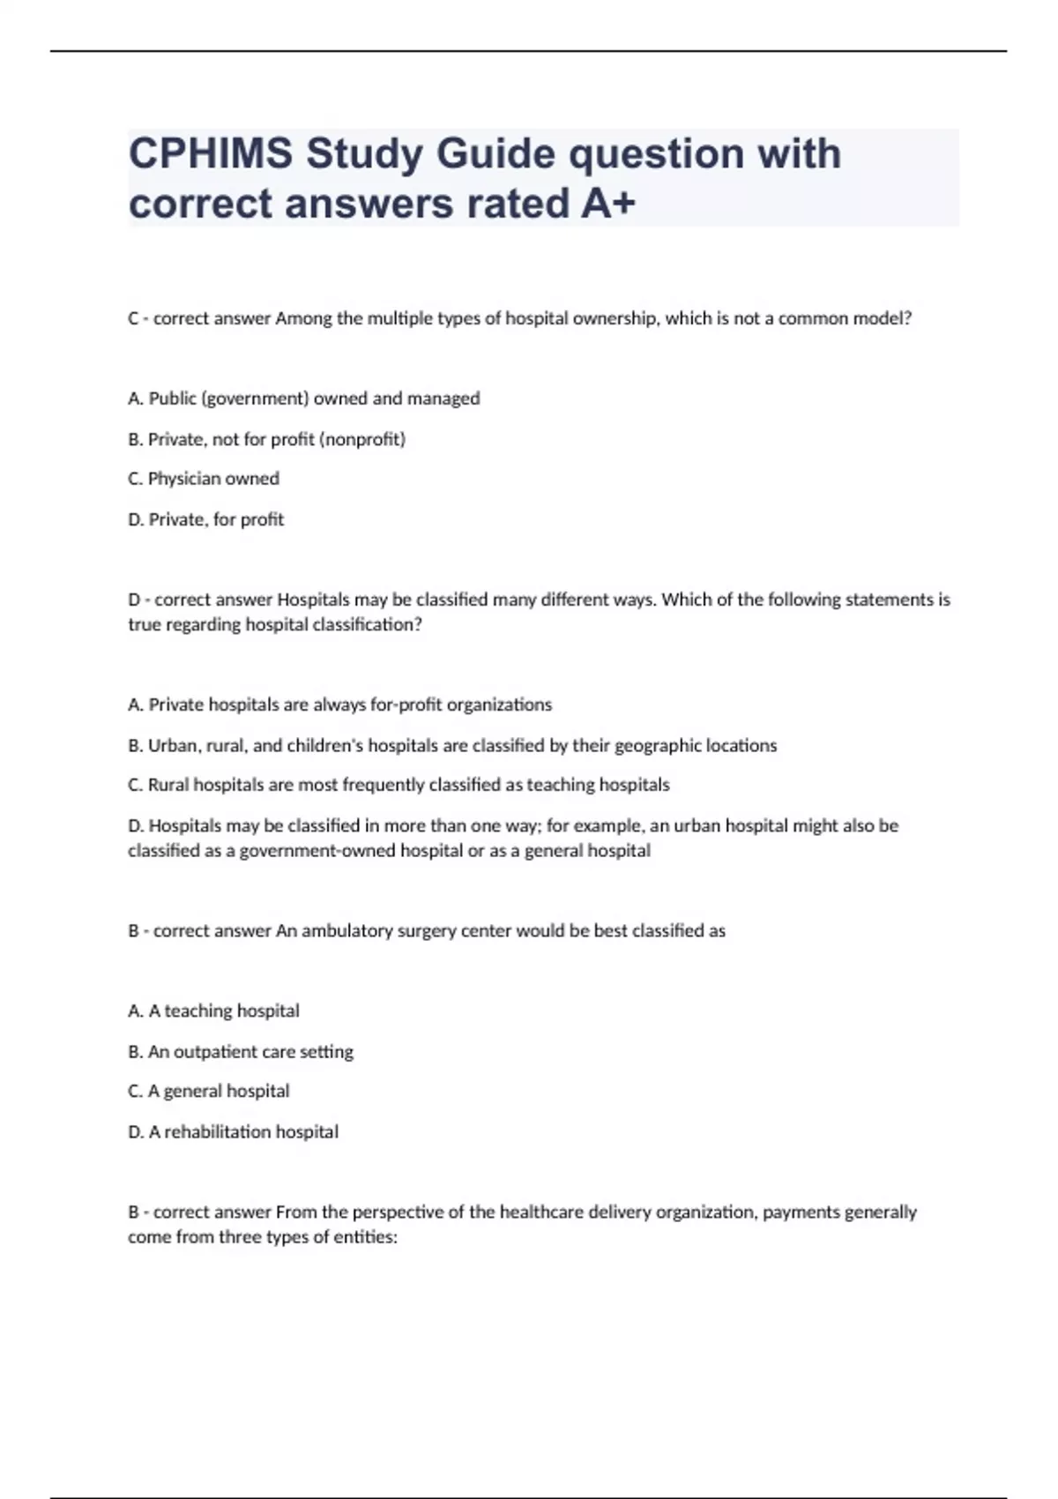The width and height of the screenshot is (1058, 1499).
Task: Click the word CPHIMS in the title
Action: [x=211, y=153]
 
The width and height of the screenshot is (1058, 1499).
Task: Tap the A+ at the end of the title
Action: [x=608, y=204]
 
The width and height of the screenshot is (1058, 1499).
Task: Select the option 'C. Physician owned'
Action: [x=204, y=479]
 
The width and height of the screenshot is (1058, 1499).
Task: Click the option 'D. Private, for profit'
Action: [x=206, y=519]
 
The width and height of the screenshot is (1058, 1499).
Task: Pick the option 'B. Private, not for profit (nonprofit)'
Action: [x=266, y=439]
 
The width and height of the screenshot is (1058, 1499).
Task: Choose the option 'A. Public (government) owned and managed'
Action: [x=304, y=399]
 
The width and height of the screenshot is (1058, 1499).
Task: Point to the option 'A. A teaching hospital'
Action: [x=213, y=1011]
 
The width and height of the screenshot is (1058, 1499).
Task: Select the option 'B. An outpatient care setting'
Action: [x=241, y=1051]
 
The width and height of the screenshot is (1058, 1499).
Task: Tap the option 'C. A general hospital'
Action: [x=209, y=1091]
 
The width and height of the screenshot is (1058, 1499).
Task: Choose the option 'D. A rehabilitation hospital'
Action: [x=233, y=1131]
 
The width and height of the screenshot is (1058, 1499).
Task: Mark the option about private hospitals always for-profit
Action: [x=340, y=705]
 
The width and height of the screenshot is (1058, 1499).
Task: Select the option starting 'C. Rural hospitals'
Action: [x=399, y=785]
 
